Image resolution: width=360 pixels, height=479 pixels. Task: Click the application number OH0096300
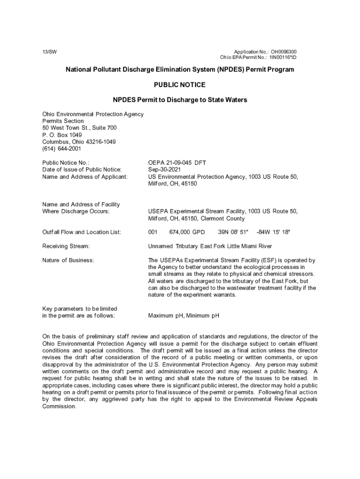click(283, 51)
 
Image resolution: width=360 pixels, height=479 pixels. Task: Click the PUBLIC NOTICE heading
click(180, 85)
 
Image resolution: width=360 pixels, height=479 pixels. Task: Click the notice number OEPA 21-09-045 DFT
click(177, 162)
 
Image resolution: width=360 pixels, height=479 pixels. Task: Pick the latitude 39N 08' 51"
click(233, 232)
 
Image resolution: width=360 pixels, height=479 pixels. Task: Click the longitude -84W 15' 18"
click(274, 232)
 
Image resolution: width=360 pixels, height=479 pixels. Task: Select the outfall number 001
click(153, 232)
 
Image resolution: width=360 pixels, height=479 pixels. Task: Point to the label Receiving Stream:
click(66, 246)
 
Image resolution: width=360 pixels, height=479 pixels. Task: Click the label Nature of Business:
click(68, 260)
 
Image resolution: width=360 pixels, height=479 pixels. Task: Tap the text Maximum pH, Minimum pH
click(184, 316)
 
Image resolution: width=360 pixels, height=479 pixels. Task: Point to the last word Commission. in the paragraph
click(59, 406)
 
